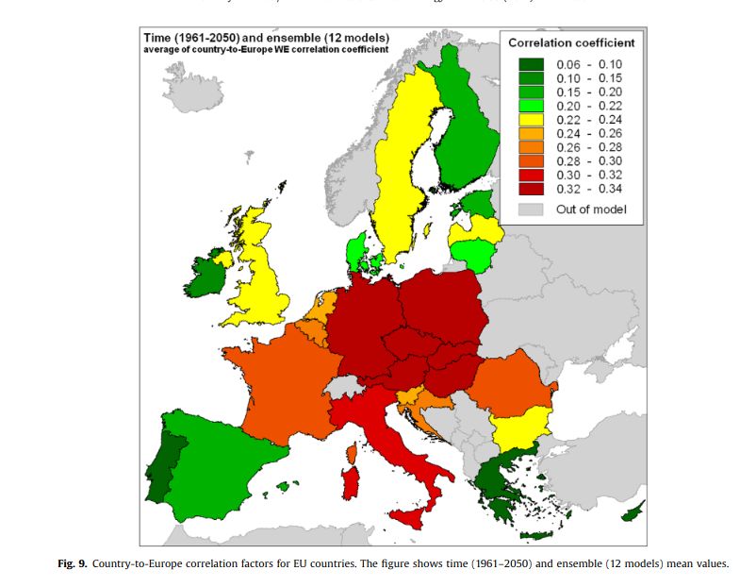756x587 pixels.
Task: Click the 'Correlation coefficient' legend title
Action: (x=571, y=42)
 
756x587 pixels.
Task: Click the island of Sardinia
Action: (x=350, y=482)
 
